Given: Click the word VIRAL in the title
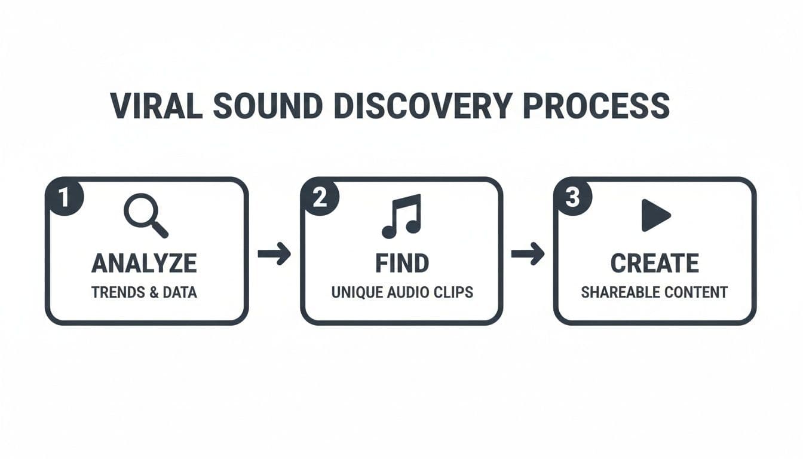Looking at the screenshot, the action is point(157,106).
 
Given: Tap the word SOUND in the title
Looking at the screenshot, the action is point(268,106).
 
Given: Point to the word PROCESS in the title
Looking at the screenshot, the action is point(596,106).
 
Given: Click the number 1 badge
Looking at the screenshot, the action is point(64,197).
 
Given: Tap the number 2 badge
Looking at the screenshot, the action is point(320,197).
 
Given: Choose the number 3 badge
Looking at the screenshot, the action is point(572,197).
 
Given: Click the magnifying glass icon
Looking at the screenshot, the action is point(146,216).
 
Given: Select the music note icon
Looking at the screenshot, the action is point(401,216).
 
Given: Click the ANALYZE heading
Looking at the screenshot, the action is point(144,263).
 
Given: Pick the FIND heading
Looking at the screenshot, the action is point(402,263).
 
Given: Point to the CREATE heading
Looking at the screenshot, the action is point(655,263).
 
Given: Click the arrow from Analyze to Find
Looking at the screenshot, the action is point(274,254).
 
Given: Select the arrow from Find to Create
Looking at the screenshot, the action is point(528,254).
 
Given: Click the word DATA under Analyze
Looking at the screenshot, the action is point(180,292).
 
